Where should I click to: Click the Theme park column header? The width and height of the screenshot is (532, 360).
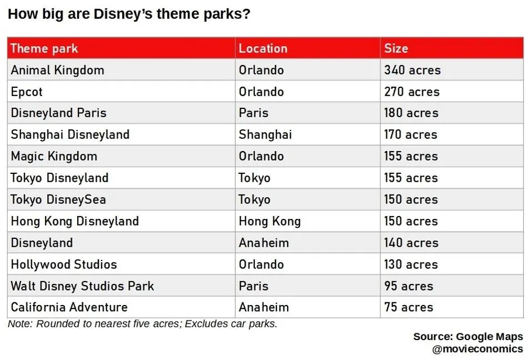(x=44, y=48)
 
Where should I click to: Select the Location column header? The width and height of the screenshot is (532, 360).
(x=263, y=48)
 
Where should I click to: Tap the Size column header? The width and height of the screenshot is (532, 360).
(x=396, y=48)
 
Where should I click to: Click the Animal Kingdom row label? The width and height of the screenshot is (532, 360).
(x=57, y=70)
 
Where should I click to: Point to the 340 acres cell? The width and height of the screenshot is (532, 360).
(x=412, y=70)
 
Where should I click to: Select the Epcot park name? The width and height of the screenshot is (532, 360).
(x=27, y=92)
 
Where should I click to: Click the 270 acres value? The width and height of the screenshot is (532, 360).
(x=411, y=92)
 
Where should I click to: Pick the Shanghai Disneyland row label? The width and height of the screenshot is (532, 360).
(x=70, y=134)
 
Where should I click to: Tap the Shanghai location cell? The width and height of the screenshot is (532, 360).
(x=265, y=134)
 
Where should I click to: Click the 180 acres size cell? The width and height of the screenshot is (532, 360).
(x=411, y=113)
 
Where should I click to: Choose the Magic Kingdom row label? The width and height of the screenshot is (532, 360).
(x=54, y=156)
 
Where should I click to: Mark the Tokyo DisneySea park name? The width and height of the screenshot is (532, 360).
(x=58, y=199)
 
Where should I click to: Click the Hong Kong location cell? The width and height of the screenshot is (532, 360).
(x=269, y=221)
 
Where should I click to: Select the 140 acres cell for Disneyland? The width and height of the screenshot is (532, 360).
(x=411, y=243)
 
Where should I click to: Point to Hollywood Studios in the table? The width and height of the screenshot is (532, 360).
(x=64, y=264)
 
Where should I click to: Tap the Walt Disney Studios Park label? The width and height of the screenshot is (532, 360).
(x=82, y=286)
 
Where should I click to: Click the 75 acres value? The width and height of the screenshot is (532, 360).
(x=408, y=307)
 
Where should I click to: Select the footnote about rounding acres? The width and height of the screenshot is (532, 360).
(x=142, y=324)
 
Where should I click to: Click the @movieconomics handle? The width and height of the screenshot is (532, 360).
(x=477, y=349)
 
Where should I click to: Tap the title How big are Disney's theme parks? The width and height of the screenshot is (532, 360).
(x=129, y=14)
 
